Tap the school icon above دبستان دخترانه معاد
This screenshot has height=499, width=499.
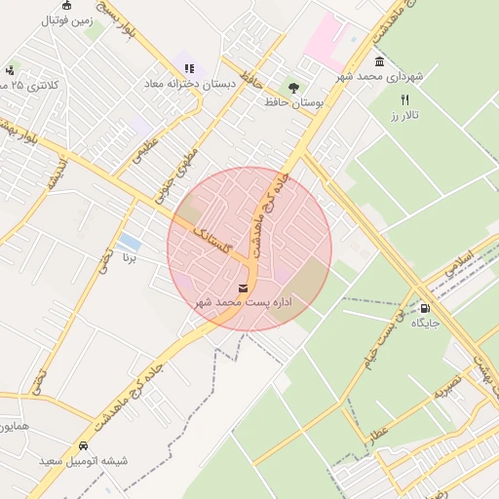click(189, 68)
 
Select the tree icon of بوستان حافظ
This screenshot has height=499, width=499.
click(293, 88)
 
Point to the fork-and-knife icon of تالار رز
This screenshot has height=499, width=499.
click(404, 99)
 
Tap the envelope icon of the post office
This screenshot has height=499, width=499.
click(242, 288)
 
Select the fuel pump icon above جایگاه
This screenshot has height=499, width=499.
click(425, 308)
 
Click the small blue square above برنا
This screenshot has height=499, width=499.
click(128, 241)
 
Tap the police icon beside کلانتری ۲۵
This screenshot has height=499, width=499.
click(10, 70)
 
